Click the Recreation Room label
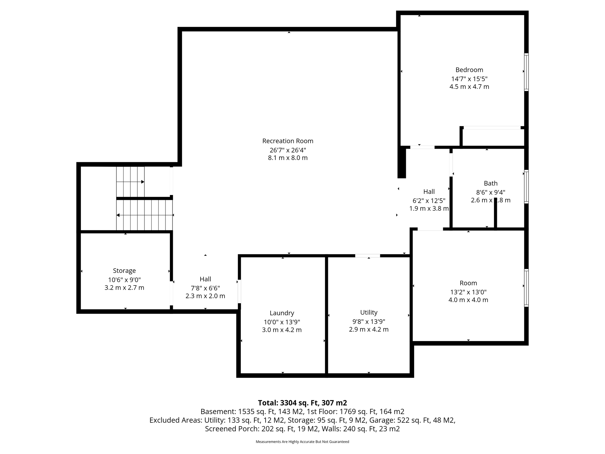coord(288,141)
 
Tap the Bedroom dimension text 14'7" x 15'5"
coord(469,79)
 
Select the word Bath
coord(491,183)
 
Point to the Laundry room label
coord(282,313)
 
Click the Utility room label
coord(369,312)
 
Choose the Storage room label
coord(124,271)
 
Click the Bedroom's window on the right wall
coord(526,72)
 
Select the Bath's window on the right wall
coord(526,187)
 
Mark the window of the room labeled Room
coord(526,288)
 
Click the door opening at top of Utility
coord(367,256)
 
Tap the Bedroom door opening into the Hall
coord(422,147)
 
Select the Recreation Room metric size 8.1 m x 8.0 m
coord(288,158)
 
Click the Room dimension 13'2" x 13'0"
coord(468,292)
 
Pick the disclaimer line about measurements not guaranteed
coord(302,442)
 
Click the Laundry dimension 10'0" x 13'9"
coord(282,322)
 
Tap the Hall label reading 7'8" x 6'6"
coord(205,288)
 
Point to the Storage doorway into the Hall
coord(171,293)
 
